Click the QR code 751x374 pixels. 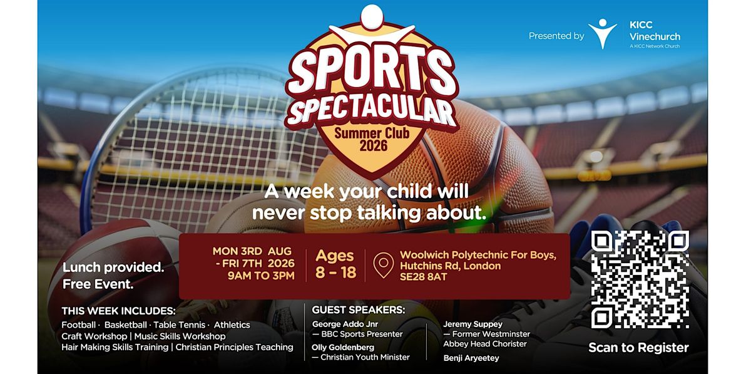(640, 279)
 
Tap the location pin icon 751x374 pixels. (384, 265)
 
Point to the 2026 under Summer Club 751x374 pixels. (373, 146)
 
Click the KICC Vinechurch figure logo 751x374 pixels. (603, 34)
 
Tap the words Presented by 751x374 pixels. (556, 36)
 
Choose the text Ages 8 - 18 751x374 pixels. (335, 264)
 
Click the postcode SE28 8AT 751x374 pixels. (424, 277)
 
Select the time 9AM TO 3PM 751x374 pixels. (261, 276)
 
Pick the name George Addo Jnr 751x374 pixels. (345, 325)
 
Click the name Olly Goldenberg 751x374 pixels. (343, 347)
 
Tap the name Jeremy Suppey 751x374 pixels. (473, 325)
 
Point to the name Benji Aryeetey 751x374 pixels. (471, 358)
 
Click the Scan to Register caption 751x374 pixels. (639, 348)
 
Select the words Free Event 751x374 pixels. (98, 284)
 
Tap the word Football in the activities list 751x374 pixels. (78, 325)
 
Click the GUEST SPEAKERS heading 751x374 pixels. (359, 310)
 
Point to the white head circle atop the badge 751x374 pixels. (372, 17)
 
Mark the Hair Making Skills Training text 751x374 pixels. (115, 347)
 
